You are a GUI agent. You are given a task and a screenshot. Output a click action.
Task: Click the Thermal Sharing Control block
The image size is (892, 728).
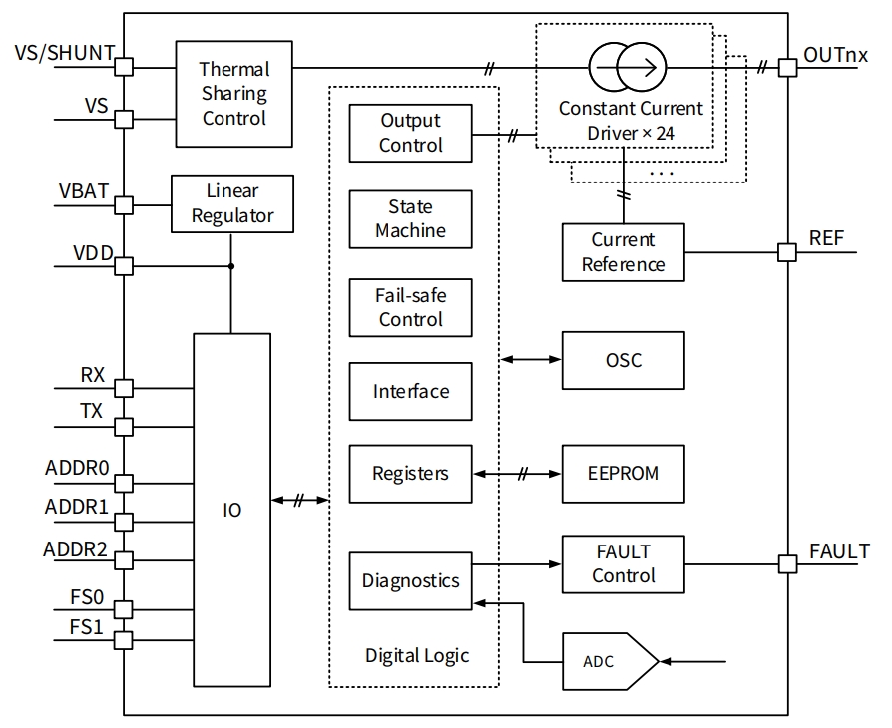point(233,93)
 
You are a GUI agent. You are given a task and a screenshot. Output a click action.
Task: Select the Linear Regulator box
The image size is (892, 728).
point(232,203)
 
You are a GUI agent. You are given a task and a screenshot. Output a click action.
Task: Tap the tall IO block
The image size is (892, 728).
point(231,510)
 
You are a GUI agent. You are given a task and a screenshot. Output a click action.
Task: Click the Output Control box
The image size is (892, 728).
point(410,133)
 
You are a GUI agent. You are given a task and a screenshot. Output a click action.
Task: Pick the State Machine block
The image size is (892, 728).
point(410,219)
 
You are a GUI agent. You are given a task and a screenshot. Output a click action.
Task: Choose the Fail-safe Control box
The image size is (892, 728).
point(410,307)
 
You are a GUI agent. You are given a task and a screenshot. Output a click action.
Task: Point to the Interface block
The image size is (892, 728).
point(410,392)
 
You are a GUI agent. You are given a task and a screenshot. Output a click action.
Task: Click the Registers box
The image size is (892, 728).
point(410,474)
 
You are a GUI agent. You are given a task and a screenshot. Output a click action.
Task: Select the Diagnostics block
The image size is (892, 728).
point(410,580)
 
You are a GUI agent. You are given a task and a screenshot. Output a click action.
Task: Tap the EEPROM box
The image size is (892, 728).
point(624,474)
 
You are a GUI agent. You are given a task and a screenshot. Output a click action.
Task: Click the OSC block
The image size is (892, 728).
point(624,360)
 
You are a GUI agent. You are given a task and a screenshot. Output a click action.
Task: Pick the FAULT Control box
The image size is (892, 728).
point(624,564)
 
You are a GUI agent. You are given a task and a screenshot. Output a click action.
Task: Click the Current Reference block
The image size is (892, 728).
point(624,252)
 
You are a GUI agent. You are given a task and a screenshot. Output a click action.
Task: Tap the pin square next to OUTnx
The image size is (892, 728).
point(787,68)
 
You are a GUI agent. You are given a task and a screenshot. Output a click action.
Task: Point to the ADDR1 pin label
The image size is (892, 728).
point(76,507)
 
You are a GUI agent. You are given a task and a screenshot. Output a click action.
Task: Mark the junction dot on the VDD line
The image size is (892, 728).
point(231,266)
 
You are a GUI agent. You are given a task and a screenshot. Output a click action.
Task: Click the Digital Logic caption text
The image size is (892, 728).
point(416,655)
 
